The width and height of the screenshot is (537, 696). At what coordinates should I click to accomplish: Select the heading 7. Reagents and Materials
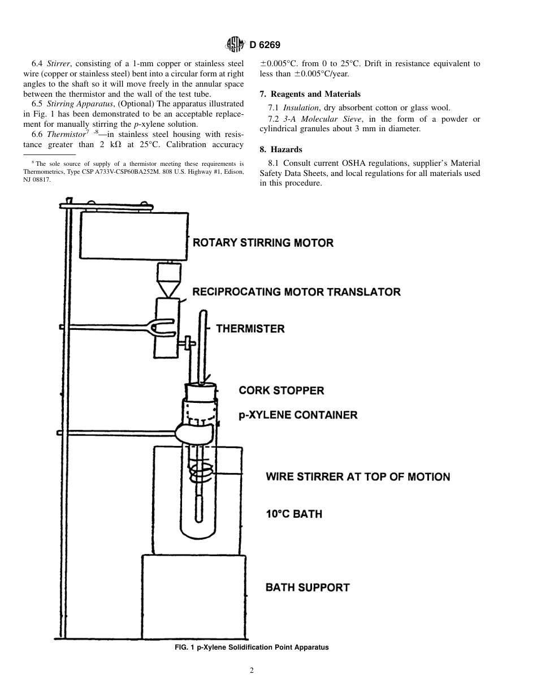pos(310,94)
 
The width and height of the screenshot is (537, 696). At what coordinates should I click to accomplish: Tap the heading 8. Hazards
pos(281,149)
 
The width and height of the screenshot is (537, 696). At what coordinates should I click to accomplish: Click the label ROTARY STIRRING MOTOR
pos(263,243)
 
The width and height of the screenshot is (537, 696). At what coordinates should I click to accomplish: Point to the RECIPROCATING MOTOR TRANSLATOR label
pos(296,292)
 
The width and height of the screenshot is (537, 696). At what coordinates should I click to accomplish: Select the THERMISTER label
pos(250,329)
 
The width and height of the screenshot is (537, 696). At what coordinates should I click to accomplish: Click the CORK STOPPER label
pos(282,390)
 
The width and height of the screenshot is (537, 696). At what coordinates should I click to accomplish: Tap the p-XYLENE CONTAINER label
pos(298,415)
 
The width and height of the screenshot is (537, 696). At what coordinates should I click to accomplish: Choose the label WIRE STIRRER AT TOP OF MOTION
pos(358,476)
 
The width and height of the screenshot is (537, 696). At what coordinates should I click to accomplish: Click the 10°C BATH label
pos(294,514)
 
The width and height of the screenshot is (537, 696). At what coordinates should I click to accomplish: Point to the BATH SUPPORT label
pos(308,587)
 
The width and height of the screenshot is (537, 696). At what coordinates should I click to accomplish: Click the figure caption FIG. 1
pos(252,647)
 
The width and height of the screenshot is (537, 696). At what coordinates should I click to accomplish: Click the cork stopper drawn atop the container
pos(201,390)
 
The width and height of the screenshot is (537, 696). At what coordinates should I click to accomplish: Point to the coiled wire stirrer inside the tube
pos(200,469)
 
